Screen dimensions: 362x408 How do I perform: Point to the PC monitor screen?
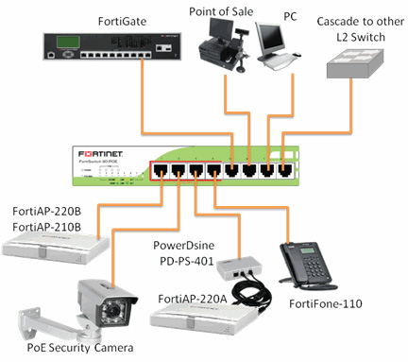pos(275,39)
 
